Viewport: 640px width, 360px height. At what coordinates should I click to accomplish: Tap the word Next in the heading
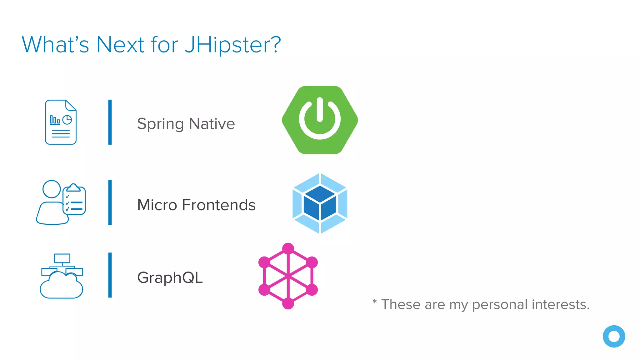click(120, 45)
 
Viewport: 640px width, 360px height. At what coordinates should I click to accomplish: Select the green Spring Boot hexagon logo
click(320, 120)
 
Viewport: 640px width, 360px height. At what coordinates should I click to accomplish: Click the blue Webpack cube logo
click(320, 203)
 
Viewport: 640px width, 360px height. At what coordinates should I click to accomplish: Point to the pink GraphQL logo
click(288, 276)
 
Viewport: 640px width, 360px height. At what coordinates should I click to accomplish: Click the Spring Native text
click(186, 124)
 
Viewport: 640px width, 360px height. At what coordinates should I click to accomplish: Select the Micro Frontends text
click(196, 205)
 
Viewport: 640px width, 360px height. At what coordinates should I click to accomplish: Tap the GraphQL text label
click(170, 277)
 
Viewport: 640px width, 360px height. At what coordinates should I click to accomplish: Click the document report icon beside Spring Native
click(61, 122)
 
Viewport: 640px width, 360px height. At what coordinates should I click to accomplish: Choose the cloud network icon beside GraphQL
click(62, 276)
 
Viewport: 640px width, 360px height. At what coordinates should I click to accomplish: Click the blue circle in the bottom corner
click(614, 336)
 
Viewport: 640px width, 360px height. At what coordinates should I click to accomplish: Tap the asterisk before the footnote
click(374, 302)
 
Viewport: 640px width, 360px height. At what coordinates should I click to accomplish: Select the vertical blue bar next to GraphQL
click(110, 275)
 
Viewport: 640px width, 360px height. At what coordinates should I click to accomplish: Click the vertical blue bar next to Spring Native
click(110, 122)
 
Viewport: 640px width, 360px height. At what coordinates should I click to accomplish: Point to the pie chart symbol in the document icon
click(67, 120)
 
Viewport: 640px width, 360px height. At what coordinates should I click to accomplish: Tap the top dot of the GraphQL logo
click(288, 249)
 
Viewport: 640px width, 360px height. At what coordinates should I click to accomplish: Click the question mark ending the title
click(275, 45)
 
